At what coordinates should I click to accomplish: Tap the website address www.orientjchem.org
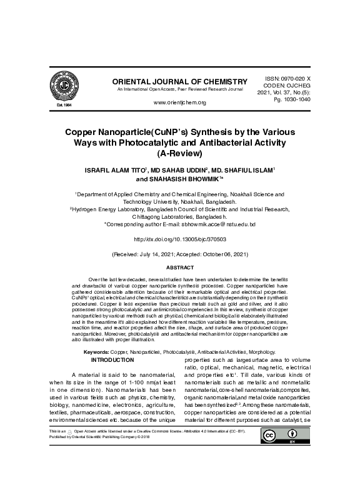(179, 102)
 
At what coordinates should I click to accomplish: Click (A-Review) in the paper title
(179, 153)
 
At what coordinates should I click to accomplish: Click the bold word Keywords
(97, 352)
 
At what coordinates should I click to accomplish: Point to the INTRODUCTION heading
(112, 360)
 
